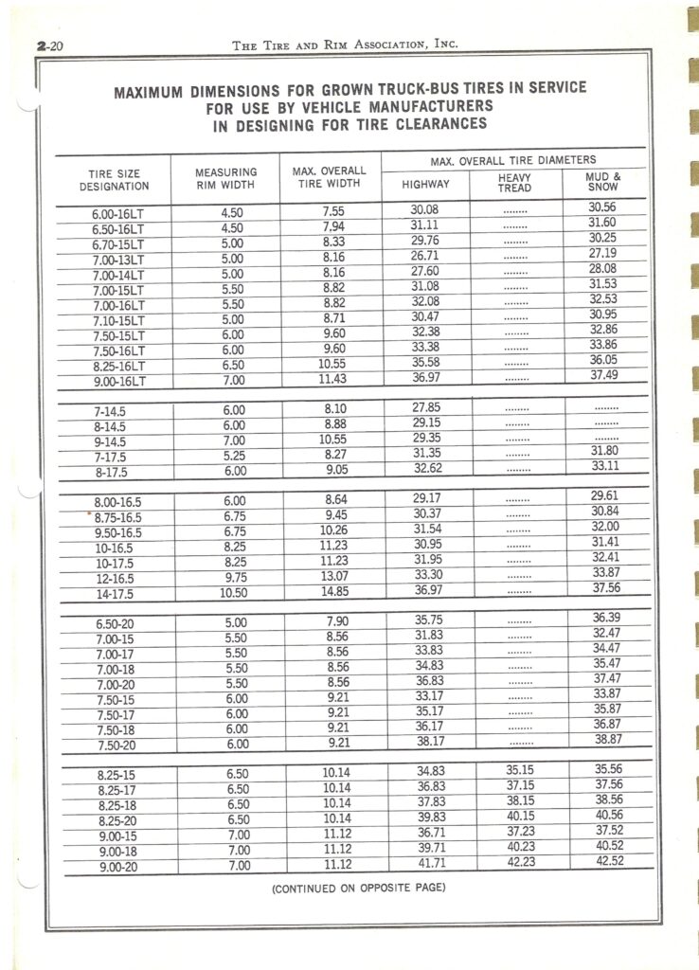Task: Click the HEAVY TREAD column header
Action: (x=515, y=182)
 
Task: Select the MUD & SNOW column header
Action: (x=604, y=181)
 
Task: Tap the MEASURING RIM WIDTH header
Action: (x=226, y=179)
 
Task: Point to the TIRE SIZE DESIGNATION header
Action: (x=114, y=180)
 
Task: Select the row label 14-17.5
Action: (x=114, y=595)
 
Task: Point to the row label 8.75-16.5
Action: (x=117, y=518)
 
